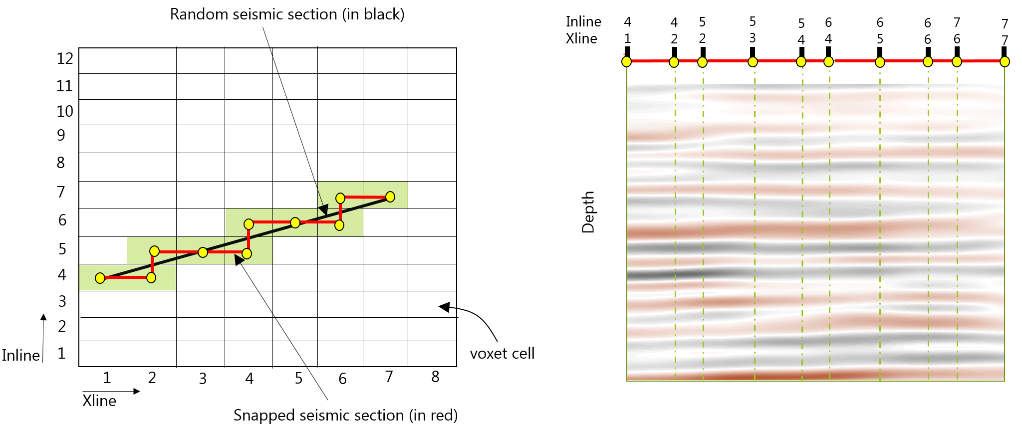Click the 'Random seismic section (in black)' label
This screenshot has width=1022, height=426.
287,14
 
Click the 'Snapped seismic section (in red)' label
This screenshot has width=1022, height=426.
345,415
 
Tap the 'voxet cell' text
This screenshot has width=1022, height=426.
502,354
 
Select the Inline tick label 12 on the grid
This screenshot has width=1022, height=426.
65,59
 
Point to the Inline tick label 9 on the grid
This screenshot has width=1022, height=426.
61,135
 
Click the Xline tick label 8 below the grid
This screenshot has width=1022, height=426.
435,377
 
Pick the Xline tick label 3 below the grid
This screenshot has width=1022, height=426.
203,379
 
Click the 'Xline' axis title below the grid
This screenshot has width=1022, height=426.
99,401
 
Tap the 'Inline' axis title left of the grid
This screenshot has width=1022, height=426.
21,356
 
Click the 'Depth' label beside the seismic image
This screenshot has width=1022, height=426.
588,212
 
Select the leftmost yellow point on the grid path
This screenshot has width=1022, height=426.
100,278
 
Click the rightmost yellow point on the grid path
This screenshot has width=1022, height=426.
390,197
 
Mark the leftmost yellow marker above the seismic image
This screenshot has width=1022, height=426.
627,62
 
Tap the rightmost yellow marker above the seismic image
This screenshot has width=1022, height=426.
1005,62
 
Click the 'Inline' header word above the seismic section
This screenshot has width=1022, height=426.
583,22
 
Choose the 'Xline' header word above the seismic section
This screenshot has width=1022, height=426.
581,39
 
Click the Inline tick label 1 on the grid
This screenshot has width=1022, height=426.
61,354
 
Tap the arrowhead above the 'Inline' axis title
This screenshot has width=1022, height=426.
44,317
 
